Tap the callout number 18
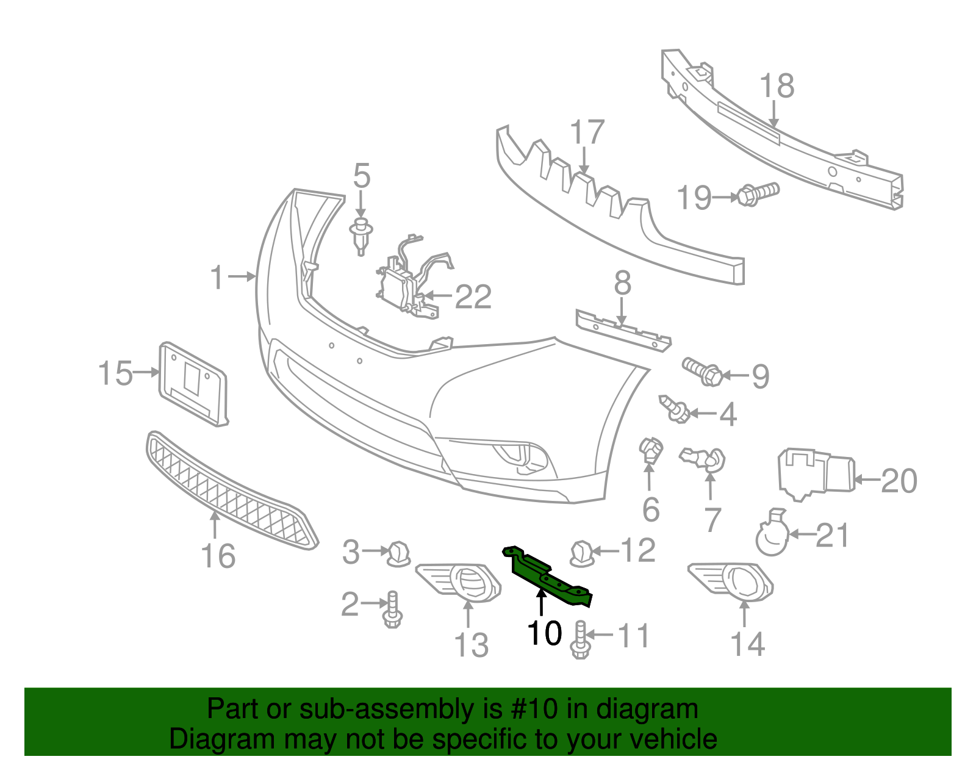tap(777, 87)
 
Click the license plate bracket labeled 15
tap(192, 383)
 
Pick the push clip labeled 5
tap(361, 235)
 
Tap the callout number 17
tap(587, 133)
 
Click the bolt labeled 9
tap(702, 371)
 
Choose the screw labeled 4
tap(674, 409)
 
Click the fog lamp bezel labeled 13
tap(459, 582)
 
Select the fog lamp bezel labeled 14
tap(731, 580)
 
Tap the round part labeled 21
tap(772, 536)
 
